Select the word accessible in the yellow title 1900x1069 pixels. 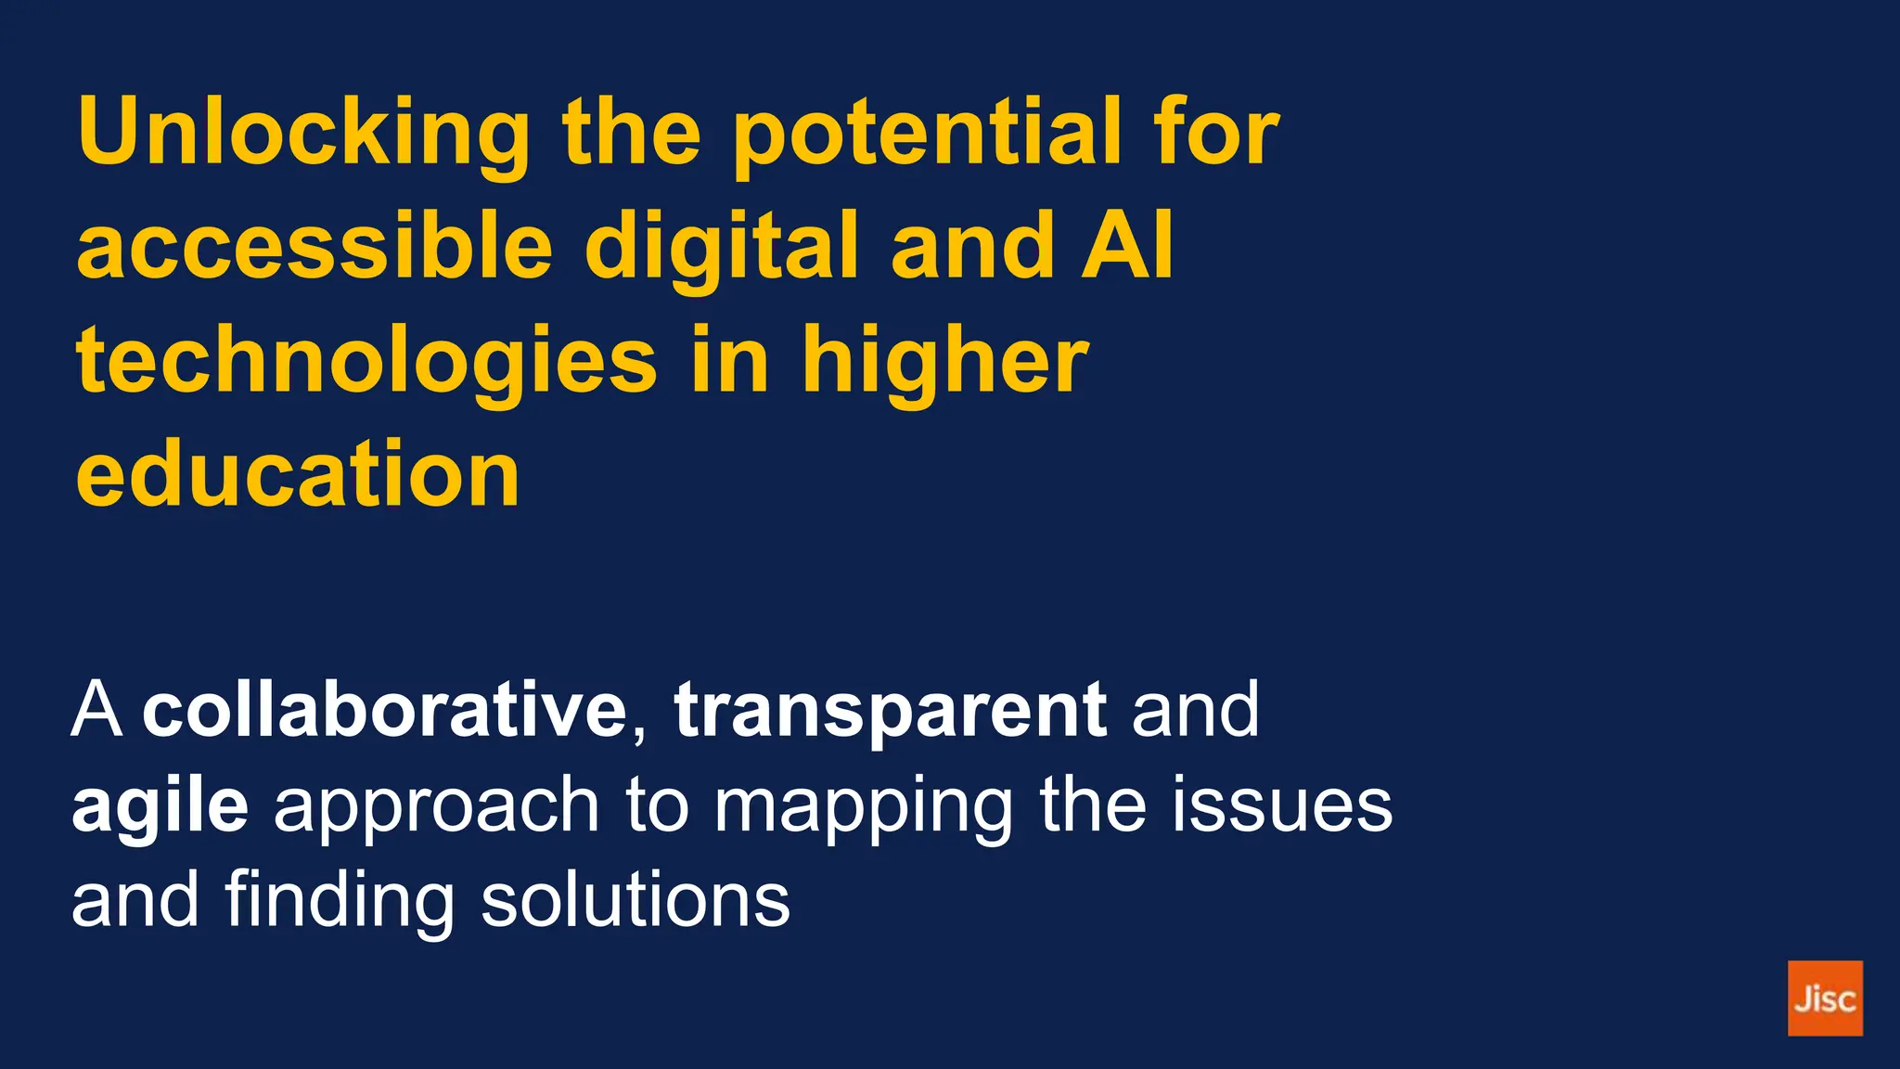315,245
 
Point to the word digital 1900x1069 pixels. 722,245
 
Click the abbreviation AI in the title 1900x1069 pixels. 1127,245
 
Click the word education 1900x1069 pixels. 298,474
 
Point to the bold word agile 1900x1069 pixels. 160,805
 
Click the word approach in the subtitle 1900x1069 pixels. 436,805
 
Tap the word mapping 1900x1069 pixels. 863,805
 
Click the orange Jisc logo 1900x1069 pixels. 1825,998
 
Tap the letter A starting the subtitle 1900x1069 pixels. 97,710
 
